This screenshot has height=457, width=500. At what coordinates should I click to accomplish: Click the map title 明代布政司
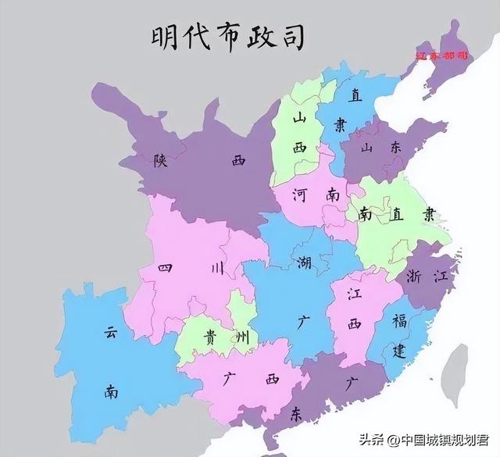pyautogui.click(x=216, y=37)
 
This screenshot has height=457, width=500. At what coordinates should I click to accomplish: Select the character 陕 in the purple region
pyautogui.click(x=161, y=162)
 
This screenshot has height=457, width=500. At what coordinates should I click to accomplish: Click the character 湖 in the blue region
pyautogui.click(x=304, y=263)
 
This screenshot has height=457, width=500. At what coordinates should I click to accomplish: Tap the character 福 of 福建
pyautogui.click(x=399, y=320)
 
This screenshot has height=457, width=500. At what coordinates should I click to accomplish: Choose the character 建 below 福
pyautogui.click(x=399, y=349)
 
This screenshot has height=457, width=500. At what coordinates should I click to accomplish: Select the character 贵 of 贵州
pyautogui.click(x=211, y=337)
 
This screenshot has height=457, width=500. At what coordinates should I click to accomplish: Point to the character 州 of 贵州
pyautogui.click(x=243, y=338)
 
